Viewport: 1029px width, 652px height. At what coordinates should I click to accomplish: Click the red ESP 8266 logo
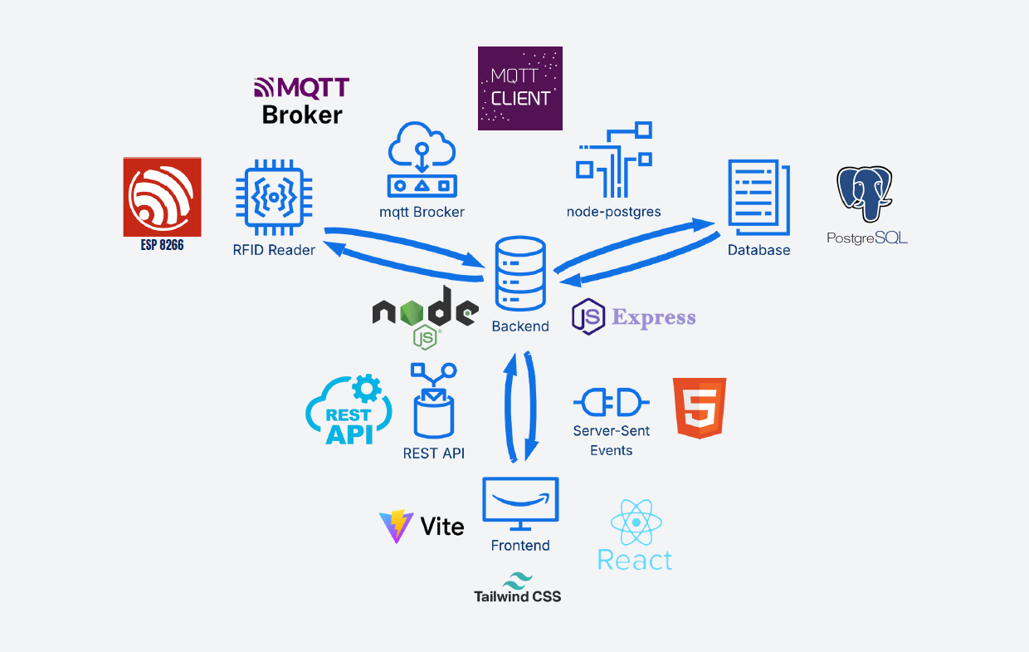[x=162, y=197]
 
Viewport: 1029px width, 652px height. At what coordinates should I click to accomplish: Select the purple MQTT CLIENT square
[x=520, y=88]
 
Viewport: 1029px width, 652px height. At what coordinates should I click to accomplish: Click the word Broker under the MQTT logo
[x=302, y=115]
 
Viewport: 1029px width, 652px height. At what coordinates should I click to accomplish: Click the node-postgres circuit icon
[x=614, y=159]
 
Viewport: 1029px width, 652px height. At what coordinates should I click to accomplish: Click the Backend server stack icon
[x=520, y=273]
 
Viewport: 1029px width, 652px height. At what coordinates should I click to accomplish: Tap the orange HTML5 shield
[x=700, y=407]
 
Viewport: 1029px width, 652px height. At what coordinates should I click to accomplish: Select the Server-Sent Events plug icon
[x=612, y=403]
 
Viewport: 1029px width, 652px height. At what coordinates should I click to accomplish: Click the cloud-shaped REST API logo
[x=349, y=410]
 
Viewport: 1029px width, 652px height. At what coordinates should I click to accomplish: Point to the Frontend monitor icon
[x=520, y=503]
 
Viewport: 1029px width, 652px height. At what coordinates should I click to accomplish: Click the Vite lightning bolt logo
[x=397, y=526]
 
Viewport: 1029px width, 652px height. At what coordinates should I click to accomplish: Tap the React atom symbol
[x=636, y=522]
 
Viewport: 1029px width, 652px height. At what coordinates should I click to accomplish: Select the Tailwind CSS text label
[x=517, y=596]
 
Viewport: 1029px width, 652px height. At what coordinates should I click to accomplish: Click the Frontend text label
[x=520, y=546]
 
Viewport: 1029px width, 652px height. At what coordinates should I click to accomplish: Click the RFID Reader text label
[x=274, y=249]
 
